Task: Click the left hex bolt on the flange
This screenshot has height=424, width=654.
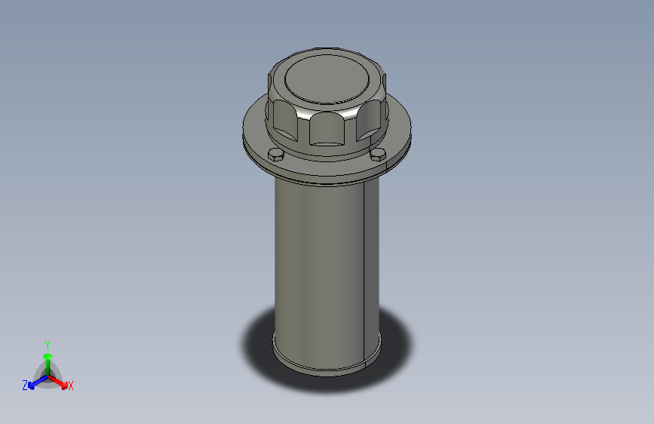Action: [x=276, y=155]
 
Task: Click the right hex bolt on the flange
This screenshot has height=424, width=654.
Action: [x=378, y=156]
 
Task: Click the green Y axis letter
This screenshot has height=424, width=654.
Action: [x=47, y=344]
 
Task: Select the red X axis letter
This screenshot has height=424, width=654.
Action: [x=71, y=386]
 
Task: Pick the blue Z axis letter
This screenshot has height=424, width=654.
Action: [x=25, y=386]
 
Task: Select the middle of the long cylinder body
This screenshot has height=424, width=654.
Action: [x=321, y=264]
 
